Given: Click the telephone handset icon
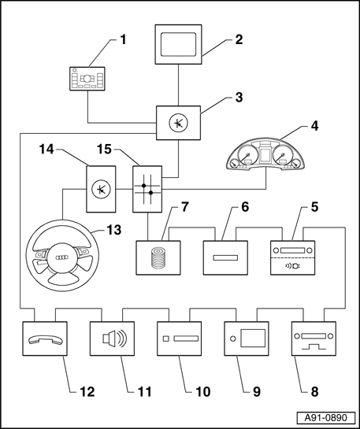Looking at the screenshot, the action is [x=46, y=339].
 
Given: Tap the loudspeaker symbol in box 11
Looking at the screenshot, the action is [x=115, y=338].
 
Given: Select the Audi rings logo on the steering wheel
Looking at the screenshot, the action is [x=62, y=257].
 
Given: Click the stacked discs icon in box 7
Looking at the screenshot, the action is [x=158, y=257].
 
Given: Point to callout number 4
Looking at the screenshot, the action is [x=314, y=127].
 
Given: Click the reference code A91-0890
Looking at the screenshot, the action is [x=326, y=418].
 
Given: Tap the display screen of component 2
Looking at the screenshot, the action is [x=178, y=44].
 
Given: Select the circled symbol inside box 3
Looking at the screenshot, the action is [x=178, y=124].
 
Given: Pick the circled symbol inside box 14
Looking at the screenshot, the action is [x=101, y=189].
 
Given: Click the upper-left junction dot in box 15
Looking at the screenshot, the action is [x=143, y=186].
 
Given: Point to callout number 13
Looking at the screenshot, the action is [x=114, y=230].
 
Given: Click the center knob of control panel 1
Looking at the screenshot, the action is [x=87, y=79].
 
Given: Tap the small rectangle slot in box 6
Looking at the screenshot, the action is [x=225, y=257].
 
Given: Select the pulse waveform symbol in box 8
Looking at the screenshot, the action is [x=314, y=346].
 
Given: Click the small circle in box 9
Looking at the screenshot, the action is [x=233, y=338].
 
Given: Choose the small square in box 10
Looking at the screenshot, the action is [x=166, y=338].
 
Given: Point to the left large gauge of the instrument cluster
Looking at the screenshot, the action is [x=248, y=155].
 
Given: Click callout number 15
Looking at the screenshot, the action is [x=104, y=150].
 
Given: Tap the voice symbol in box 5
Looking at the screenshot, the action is [x=292, y=265].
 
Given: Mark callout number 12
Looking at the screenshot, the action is [x=87, y=392].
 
